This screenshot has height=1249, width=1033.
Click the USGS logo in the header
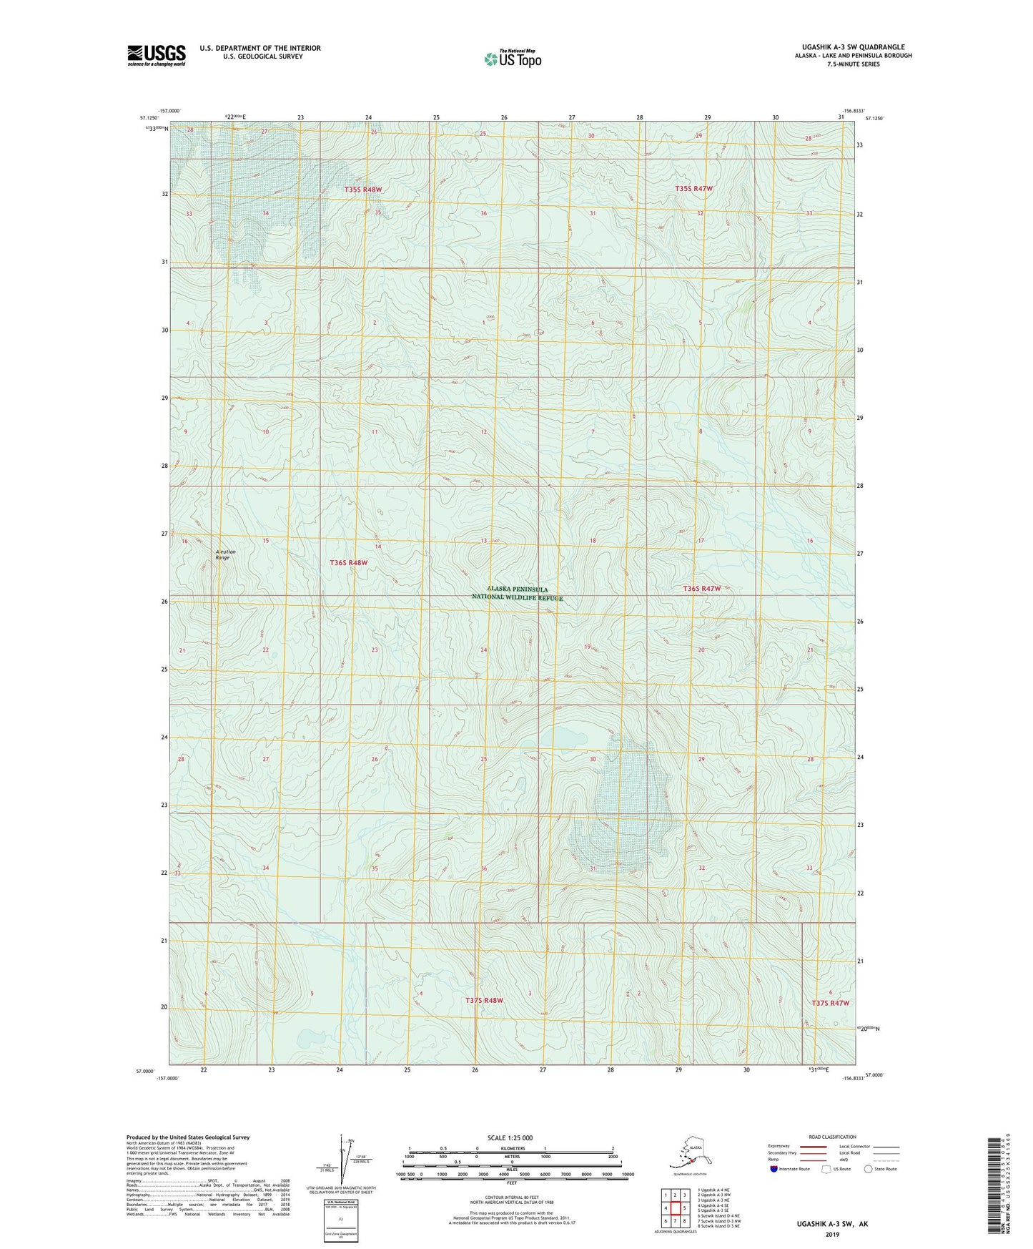point(157,55)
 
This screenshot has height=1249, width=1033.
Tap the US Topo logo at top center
point(512,59)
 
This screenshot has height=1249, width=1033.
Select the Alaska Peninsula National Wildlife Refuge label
point(517,594)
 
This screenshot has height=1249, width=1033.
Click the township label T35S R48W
point(362,190)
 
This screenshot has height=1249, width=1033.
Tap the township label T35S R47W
point(693,189)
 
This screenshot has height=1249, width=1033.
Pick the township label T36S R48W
point(348,563)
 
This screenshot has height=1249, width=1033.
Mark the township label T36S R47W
point(701,588)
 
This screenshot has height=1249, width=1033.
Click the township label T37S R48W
point(484,1000)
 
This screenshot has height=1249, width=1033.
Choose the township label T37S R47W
point(830,1003)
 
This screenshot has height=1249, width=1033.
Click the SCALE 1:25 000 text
point(510,1138)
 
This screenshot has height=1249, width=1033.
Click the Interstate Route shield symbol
point(774,1169)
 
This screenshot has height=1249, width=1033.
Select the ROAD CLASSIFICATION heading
point(832,1137)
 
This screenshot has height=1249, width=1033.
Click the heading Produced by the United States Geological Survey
point(188,1137)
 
